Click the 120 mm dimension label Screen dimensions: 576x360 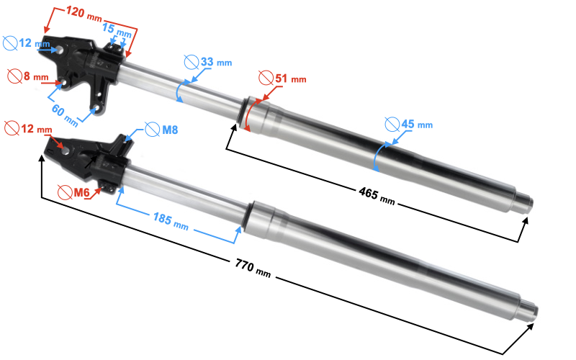pos(84,14)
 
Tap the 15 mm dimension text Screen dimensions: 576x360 pos(117,30)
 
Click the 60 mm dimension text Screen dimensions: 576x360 pos(65,115)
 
